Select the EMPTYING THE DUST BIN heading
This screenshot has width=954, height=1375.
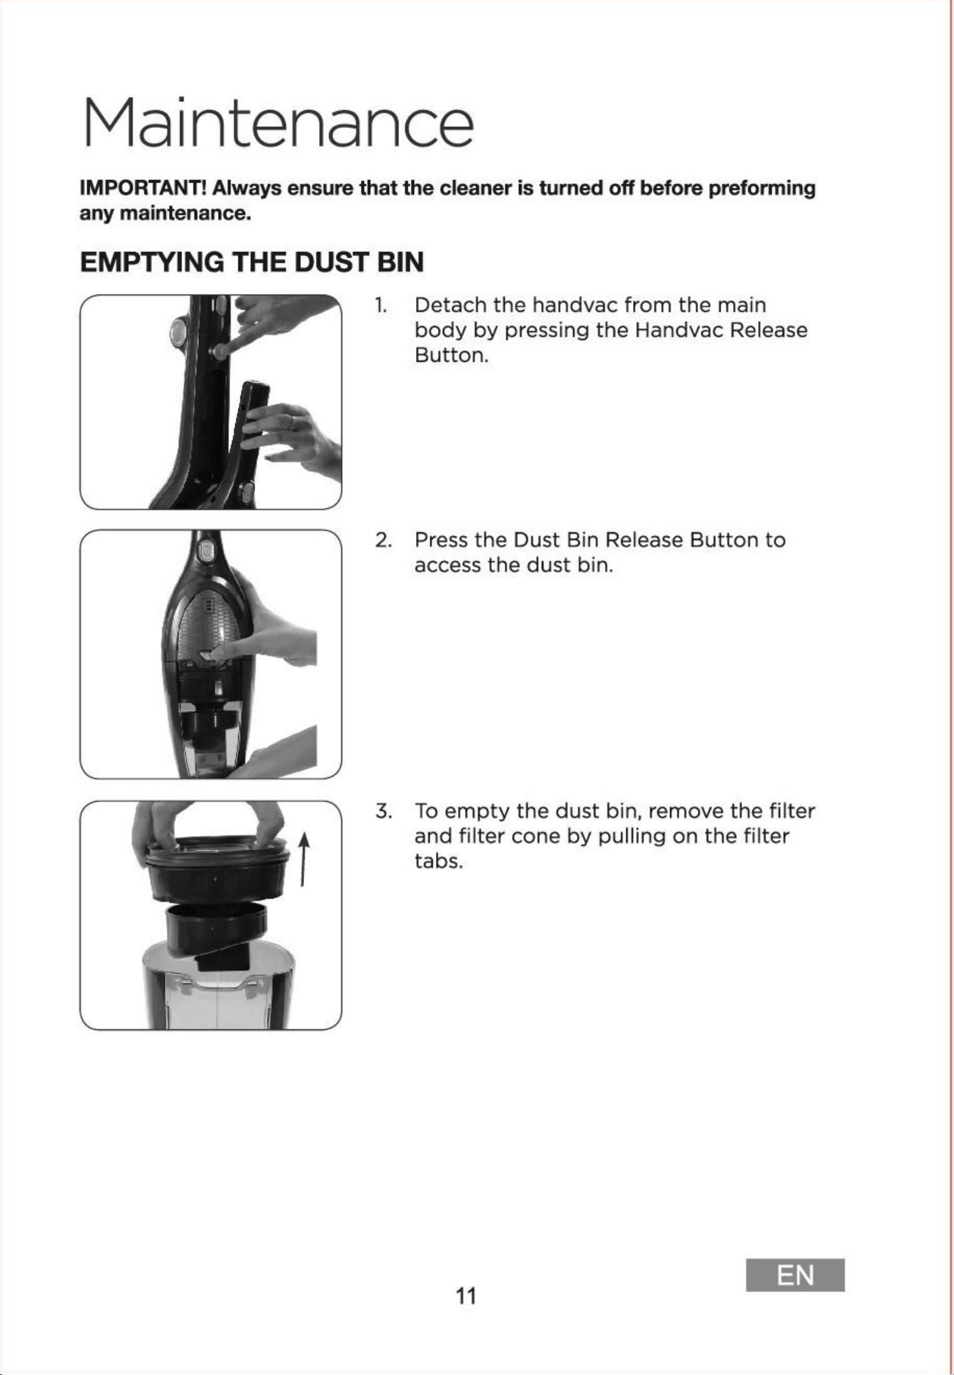[x=252, y=262]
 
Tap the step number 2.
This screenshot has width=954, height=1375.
[x=383, y=540]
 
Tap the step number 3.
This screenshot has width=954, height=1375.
[x=383, y=811]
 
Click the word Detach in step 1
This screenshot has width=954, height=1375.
[x=450, y=305]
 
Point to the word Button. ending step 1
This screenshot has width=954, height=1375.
[x=451, y=355]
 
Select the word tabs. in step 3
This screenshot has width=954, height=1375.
[x=439, y=861]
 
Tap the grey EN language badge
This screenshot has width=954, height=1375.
[x=795, y=1275]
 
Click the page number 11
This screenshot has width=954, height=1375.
[x=466, y=1296]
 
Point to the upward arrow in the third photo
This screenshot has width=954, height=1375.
[x=303, y=859]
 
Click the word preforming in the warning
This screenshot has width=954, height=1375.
[x=762, y=189]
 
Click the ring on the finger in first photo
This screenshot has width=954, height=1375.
[x=290, y=422]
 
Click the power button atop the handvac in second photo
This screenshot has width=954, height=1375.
[x=205, y=551]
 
